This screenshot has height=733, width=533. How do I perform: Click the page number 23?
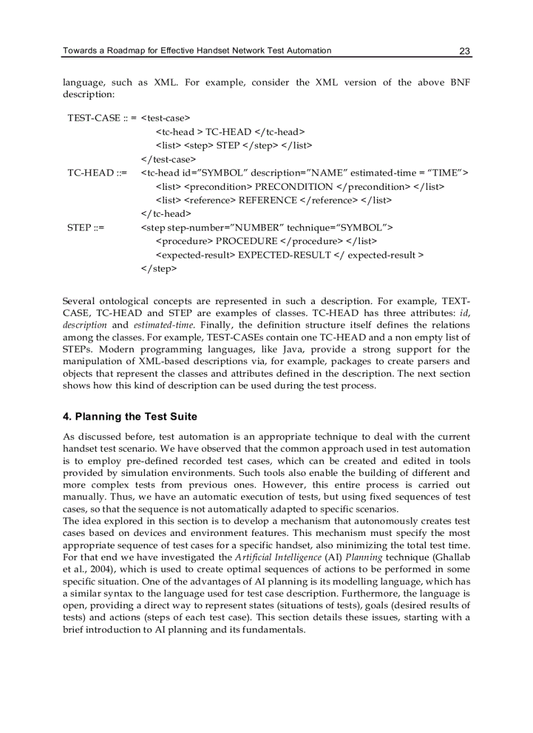click(464, 51)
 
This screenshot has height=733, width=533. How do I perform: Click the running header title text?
click(197, 51)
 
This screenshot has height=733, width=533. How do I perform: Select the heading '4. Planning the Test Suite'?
click(130, 416)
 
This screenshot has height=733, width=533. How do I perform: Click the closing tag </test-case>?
click(168, 159)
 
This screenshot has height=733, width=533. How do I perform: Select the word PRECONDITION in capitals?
click(293, 187)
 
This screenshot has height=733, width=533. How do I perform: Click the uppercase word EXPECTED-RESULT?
click(285, 255)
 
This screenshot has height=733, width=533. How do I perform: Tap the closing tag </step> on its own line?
click(159, 268)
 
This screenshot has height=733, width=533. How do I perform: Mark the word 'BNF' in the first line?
click(460, 83)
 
